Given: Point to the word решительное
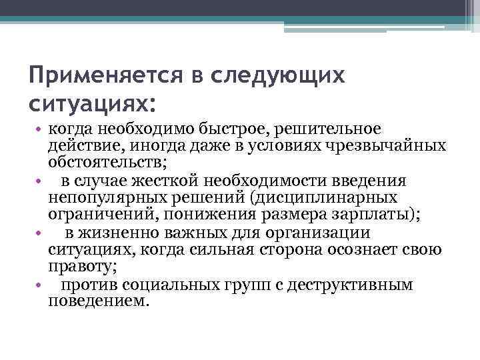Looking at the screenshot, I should (x=322, y=128).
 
